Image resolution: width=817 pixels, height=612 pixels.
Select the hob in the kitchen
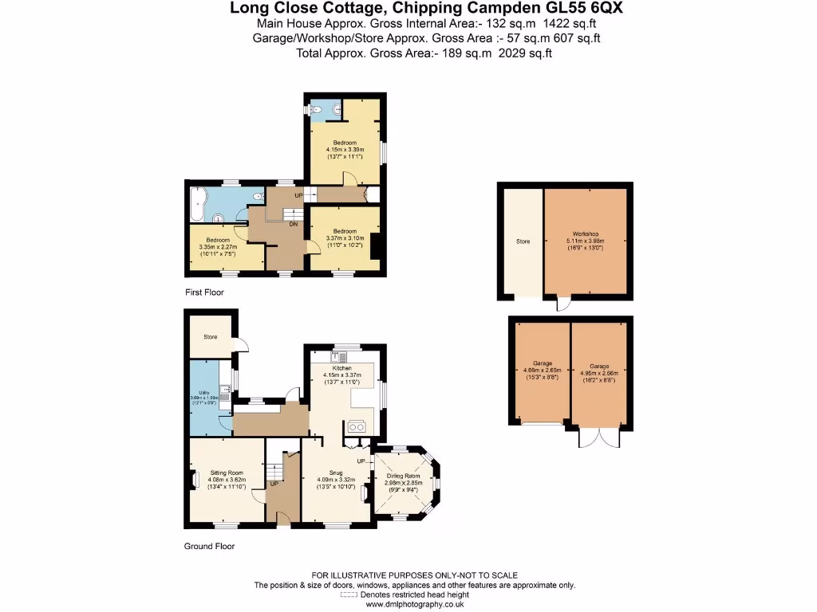pos(356,426)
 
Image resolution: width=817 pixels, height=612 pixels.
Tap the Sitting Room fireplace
pos(194,480)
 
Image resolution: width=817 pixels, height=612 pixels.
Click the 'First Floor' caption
pos(204,292)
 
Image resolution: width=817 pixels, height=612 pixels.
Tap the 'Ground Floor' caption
pos(210,547)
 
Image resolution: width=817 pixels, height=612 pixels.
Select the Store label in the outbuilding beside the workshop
pos(523,240)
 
